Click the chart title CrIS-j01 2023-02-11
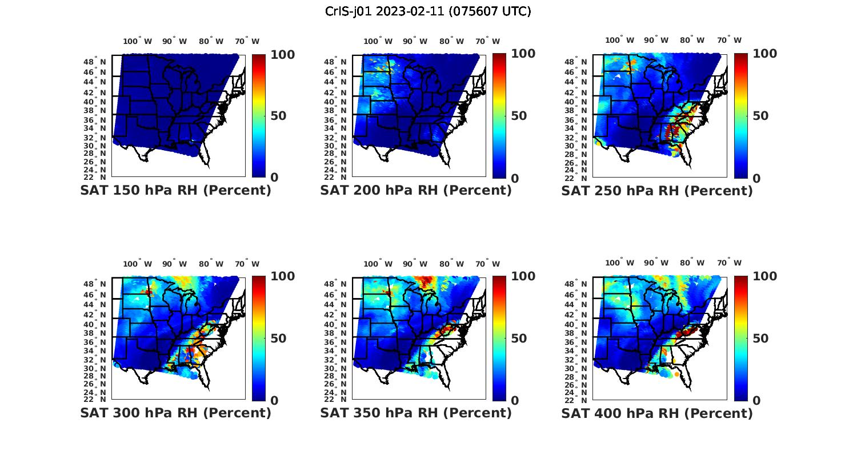pyautogui.click(x=428, y=11)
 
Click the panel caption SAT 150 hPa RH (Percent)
pyautogui.click(x=175, y=191)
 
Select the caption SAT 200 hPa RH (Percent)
pyautogui.click(x=416, y=191)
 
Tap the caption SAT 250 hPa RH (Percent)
pyautogui.click(x=657, y=191)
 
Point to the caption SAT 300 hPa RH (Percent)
pyautogui.click(x=175, y=413)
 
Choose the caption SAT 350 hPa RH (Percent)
pyautogui.click(x=416, y=413)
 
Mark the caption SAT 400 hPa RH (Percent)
pyautogui.click(x=657, y=413)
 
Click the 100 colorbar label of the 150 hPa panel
pyautogui.click(x=283, y=55)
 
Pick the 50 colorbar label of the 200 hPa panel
pyautogui.click(x=519, y=116)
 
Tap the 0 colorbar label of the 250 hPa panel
pyautogui.click(x=756, y=178)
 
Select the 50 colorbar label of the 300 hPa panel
pyautogui.click(x=278, y=339)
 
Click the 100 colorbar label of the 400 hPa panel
pyautogui.click(x=765, y=277)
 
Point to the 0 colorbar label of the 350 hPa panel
pyautogui.click(x=515, y=401)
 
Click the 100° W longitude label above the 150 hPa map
pyautogui.click(x=137, y=41)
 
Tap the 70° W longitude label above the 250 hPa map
pyautogui.click(x=729, y=40)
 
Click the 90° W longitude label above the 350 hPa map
pyautogui.click(x=415, y=264)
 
